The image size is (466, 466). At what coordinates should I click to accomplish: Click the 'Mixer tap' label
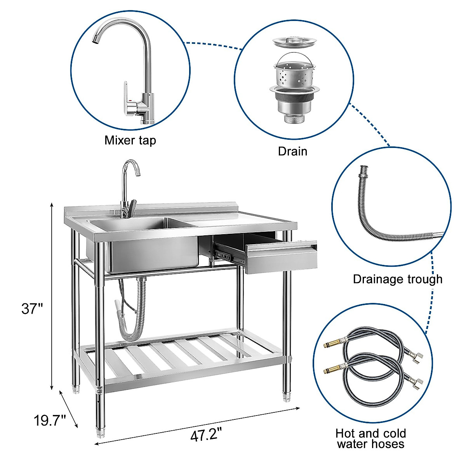tap(130, 140)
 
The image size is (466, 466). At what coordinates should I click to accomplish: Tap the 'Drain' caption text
tap(292, 151)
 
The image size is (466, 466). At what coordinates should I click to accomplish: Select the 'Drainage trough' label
tap(397, 279)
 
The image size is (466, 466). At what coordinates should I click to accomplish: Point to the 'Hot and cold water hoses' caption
tap(371, 438)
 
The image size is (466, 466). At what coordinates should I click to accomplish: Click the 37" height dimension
tap(31, 309)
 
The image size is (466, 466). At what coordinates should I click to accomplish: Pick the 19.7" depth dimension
tap(49, 420)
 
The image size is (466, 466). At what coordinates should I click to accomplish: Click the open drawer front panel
tap(282, 257)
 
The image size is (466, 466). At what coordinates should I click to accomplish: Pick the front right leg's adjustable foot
tap(287, 396)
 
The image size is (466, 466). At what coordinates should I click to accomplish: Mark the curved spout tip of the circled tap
tap(94, 40)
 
